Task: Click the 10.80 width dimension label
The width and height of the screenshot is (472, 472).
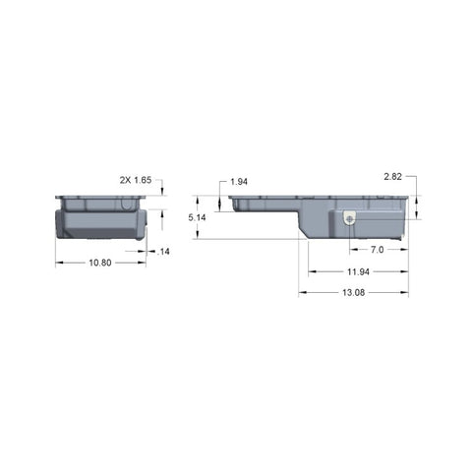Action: pyautogui.click(x=100, y=263)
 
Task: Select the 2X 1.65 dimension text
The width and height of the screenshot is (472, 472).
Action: pyautogui.click(x=136, y=180)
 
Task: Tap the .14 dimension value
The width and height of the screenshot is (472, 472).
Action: pyautogui.click(x=163, y=252)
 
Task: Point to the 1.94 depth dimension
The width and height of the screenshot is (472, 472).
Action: pyautogui.click(x=239, y=182)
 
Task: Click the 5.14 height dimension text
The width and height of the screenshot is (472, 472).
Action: pyautogui.click(x=197, y=217)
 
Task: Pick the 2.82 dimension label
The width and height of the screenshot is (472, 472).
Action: pyautogui.click(x=392, y=176)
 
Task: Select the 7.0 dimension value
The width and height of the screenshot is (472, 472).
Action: pyautogui.click(x=377, y=250)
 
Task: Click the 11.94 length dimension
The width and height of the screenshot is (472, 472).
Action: pyautogui.click(x=358, y=271)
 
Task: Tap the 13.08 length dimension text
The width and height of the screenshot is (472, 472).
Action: pyautogui.click(x=354, y=292)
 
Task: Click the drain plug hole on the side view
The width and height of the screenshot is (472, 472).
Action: pyautogui.click(x=350, y=219)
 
